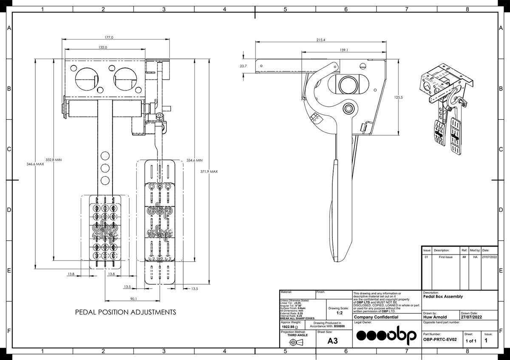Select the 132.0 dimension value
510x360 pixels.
coord(103,47)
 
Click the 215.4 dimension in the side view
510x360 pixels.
coord(321,40)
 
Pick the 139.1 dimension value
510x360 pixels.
coord(344,50)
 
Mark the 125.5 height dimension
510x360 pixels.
coord(398,97)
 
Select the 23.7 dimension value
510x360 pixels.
coord(243,66)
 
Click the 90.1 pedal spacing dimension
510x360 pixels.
coord(133,299)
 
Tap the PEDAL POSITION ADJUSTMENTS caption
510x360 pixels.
coord(125,312)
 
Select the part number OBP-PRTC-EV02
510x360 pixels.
coord(440,340)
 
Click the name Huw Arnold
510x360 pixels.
coord(434,317)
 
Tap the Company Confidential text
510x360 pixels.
coord(376,317)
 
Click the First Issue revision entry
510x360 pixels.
coord(443,257)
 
